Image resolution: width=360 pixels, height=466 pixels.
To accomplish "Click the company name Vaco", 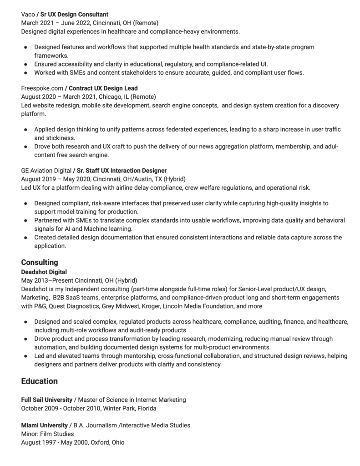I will [x=28, y=15].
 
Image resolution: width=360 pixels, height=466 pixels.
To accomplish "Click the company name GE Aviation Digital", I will [x=46, y=170].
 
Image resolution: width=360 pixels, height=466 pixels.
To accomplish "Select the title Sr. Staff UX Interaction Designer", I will [x=121, y=170].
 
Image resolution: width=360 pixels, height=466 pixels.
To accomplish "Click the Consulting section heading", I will [x=40, y=262].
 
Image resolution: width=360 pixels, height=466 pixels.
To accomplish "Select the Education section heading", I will [x=39, y=381].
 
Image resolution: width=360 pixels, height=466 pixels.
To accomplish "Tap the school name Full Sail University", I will [x=46, y=400].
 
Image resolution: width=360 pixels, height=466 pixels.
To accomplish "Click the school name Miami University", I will [x=45, y=425].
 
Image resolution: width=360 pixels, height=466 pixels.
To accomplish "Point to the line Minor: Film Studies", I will [x=47, y=434].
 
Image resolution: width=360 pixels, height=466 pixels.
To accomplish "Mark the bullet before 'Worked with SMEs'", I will [x=25, y=72].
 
